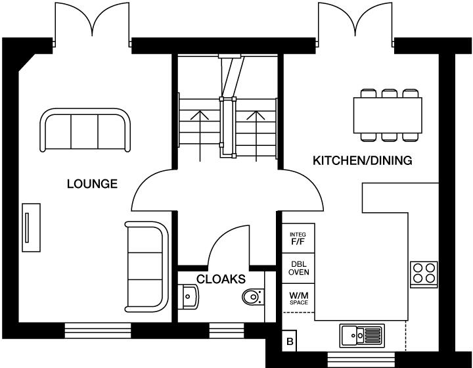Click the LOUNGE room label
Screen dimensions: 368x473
point(92,184)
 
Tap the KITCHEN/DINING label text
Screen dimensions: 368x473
point(362,160)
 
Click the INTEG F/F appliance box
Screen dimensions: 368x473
point(298,239)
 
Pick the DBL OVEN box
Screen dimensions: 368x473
point(298,269)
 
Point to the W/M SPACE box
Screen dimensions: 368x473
point(298,299)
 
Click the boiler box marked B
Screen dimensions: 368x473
point(289,341)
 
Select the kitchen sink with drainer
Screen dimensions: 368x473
point(362,336)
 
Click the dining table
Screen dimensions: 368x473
point(388,114)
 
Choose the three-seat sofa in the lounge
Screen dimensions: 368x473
point(85,129)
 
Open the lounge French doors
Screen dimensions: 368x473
point(93,26)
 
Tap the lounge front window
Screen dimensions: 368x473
point(97,329)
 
